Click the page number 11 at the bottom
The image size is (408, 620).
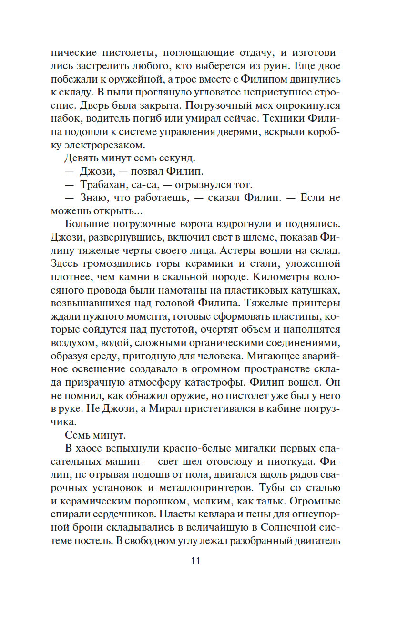tap(195, 561)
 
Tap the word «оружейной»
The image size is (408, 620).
tap(135, 78)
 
